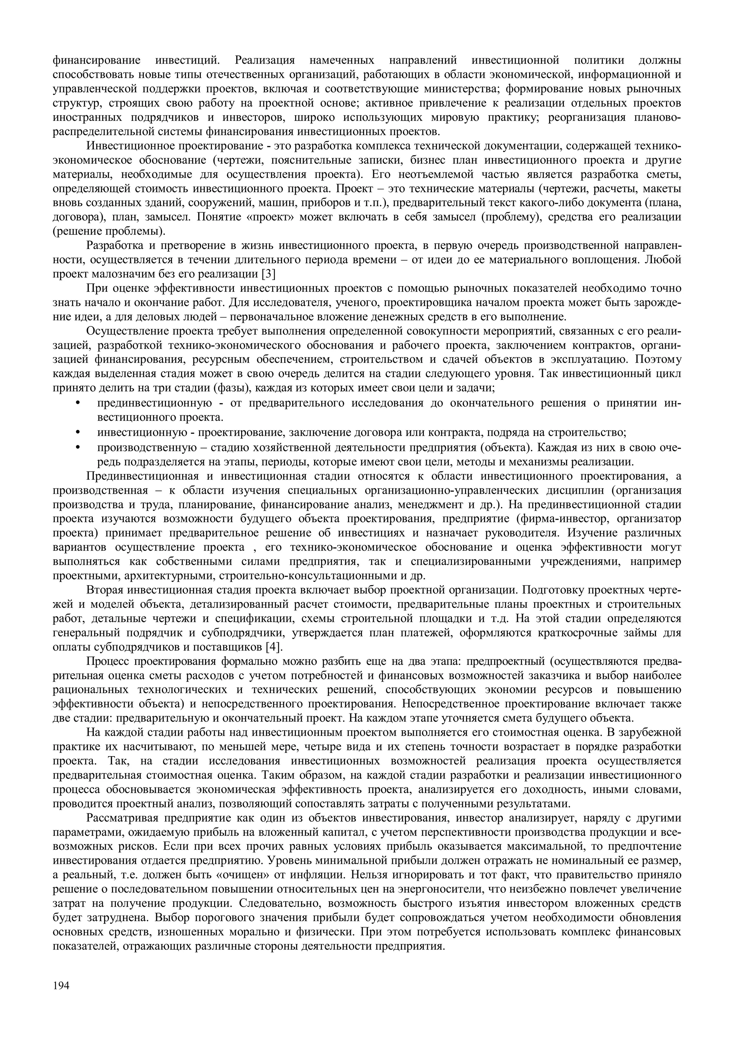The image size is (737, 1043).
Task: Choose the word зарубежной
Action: tap(652, 733)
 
